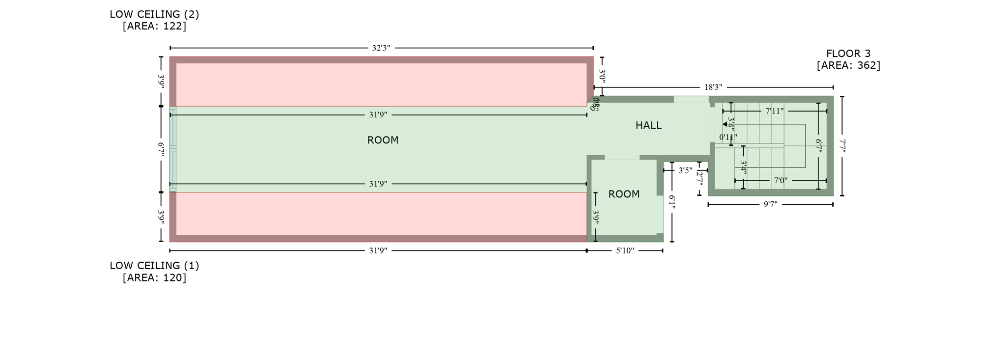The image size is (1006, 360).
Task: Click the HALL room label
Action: [x=648, y=126]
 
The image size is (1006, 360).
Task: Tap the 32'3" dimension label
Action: [x=381, y=48]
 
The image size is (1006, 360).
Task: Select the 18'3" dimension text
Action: [x=713, y=87]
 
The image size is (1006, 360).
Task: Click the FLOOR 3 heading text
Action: [x=848, y=54]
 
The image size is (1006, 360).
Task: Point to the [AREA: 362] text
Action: [x=848, y=65]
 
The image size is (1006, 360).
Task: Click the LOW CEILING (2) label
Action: [x=154, y=14]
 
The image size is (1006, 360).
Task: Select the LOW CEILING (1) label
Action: [x=154, y=266]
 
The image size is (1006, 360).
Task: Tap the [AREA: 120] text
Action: [x=154, y=277]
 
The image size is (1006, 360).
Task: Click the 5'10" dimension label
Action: [x=625, y=251]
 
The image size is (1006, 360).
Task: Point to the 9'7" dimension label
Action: [x=770, y=204]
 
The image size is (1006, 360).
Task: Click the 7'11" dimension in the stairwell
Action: [x=774, y=111]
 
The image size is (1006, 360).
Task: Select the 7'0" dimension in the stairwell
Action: [x=781, y=181]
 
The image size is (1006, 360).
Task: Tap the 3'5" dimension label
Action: [x=685, y=171]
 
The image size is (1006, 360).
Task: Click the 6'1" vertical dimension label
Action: [x=672, y=202]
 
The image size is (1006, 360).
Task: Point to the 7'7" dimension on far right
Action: [x=842, y=146]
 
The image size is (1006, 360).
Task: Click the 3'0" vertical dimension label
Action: [x=602, y=76]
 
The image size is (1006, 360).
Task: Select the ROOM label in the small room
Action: [x=624, y=194]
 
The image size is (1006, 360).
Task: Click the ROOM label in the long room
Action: [x=383, y=140]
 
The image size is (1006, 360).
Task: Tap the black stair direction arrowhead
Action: [x=725, y=124]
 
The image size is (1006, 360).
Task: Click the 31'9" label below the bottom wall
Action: [x=378, y=251]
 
